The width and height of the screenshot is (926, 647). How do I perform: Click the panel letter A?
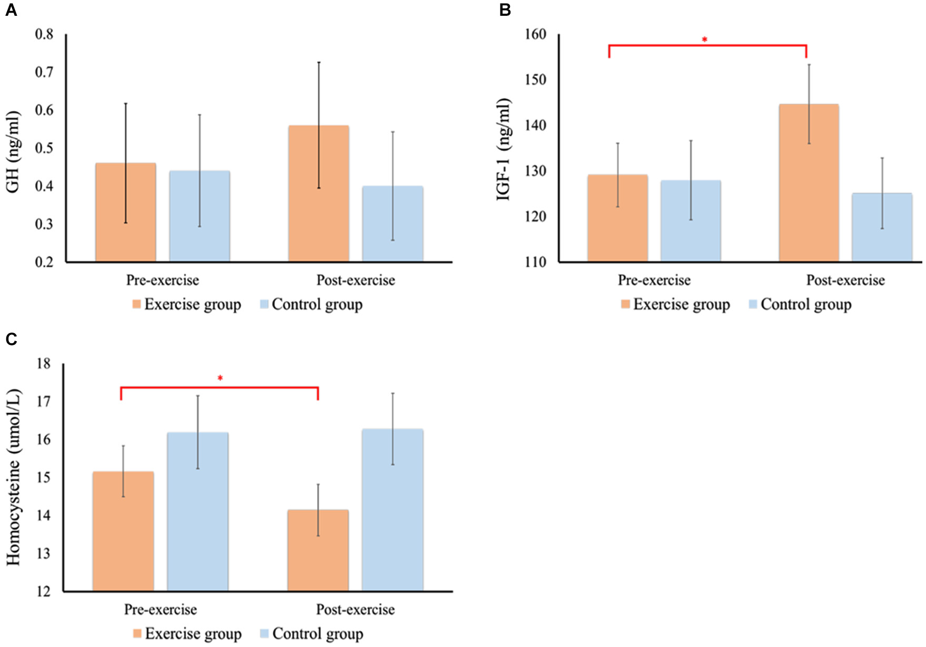pyautogui.click(x=11, y=10)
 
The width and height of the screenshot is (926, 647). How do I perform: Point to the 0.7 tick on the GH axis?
pyautogui.click(x=44, y=72)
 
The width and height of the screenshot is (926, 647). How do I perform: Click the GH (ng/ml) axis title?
pyautogui.click(x=13, y=152)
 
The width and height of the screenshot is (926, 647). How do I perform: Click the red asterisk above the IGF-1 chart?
pyautogui.click(x=704, y=39)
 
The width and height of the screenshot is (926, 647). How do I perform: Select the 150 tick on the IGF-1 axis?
pyautogui.click(x=536, y=79)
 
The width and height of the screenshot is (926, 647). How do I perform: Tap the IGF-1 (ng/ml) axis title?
pyautogui.click(x=504, y=149)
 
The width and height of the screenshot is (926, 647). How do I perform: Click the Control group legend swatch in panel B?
pyautogui.click(x=753, y=304)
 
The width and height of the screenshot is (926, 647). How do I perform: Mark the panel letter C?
pyautogui.click(x=11, y=340)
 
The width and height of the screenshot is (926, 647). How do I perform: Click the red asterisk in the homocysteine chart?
pyautogui.click(x=220, y=378)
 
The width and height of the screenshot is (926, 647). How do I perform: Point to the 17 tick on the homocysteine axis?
pyautogui.click(x=44, y=402)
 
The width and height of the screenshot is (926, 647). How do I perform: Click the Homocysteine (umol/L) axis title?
pyautogui.click(x=14, y=477)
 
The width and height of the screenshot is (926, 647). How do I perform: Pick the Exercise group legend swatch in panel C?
pyautogui.click(x=137, y=633)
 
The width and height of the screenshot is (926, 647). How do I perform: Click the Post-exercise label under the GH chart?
pyautogui.click(x=356, y=280)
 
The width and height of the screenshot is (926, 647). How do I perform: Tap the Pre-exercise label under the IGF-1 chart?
pyautogui.click(x=654, y=280)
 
